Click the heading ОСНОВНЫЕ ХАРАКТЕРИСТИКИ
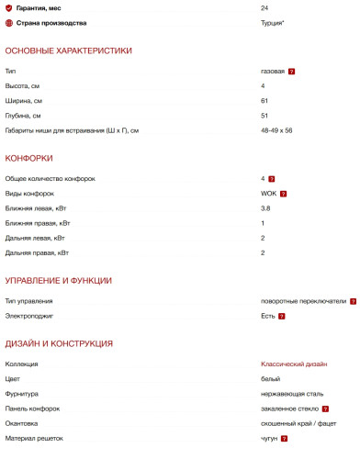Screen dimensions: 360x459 (x=69, y=50)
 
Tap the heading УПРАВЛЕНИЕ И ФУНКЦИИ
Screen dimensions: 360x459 (x=59, y=280)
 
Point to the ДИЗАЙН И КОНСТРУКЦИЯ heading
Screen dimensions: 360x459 (x=59, y=343)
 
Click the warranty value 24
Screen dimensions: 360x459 (x=264, y=7)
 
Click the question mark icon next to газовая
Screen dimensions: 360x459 (x=291, y=71)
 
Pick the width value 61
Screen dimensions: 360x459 (x=264, y=100)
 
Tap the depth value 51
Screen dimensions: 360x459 (x=264, y=115)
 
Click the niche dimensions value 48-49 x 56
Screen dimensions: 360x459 (x=276, y=130)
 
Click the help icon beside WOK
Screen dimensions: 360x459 (x=285, y=194)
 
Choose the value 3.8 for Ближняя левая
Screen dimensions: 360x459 (x=265, y=208)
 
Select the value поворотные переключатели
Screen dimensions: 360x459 (x=303, y=301)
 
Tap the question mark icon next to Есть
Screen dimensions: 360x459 (x=282, y=316)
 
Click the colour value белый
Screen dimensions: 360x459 (x=270, y=379)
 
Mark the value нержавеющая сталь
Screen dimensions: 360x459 (x=290, y=394)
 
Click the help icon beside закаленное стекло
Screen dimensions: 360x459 (x=325, y=409)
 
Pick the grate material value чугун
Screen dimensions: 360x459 (x=270, y=438)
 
